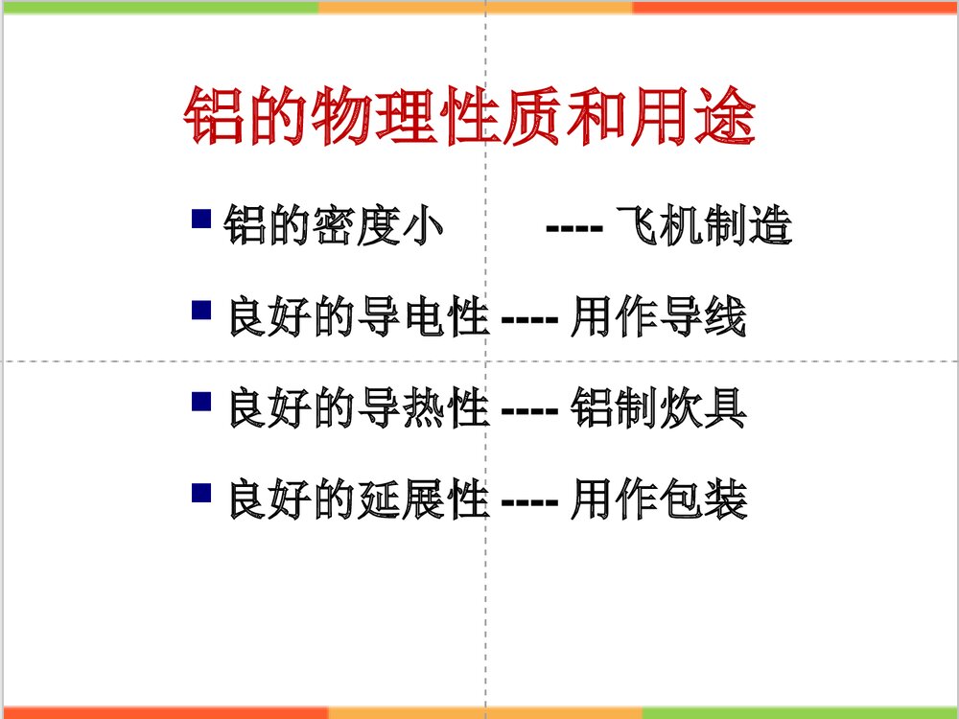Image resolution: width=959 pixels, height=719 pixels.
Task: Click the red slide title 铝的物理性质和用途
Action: coord(469,118)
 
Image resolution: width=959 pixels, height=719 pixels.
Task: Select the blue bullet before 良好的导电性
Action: coord(201,309)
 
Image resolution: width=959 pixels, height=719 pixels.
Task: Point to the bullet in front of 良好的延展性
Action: coord(201,493)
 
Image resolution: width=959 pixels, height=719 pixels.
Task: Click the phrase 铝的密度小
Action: coord(336,228)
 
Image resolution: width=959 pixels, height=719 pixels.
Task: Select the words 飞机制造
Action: coord(705,228)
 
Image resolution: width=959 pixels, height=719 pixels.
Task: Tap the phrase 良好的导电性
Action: coord(359,318)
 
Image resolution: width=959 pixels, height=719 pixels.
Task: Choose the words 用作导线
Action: coord(658,318)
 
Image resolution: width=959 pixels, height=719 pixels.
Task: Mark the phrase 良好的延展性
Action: coord(359,500)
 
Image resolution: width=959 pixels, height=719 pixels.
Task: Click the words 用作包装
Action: coord(658,500)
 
